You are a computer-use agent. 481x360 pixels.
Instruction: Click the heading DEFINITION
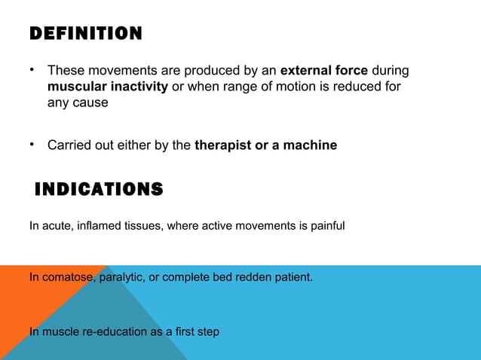85,34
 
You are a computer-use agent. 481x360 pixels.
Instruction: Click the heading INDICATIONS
99,189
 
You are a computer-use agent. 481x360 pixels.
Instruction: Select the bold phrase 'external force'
324,71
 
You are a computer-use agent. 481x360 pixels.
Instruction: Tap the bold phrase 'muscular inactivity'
108,87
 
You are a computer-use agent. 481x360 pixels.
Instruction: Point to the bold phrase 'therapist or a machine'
265,145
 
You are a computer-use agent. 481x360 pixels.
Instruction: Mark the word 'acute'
57,225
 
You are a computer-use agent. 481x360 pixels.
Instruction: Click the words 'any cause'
78,103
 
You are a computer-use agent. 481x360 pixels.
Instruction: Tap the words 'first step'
196,331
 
